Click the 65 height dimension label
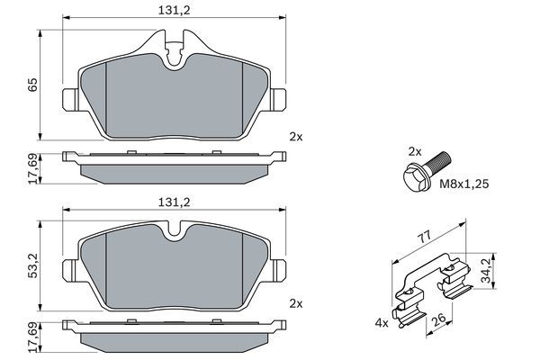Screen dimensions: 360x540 32,86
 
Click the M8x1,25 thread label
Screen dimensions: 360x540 464,184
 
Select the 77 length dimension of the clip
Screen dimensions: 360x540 425,238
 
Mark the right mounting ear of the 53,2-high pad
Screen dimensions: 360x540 281,269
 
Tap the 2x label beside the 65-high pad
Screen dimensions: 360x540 296,137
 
